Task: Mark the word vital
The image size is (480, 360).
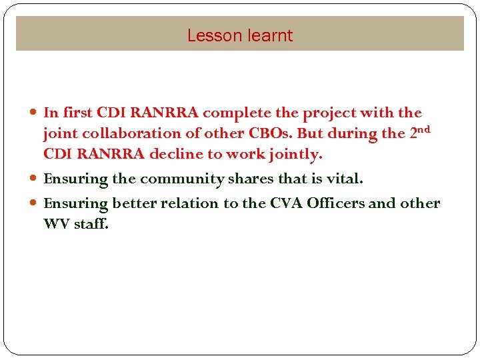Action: coord(344,179)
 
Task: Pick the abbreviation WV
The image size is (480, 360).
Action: coord(56,224)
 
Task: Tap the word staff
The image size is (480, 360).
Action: coord(91,224)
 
